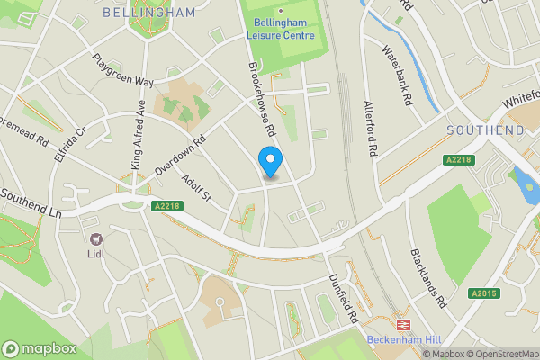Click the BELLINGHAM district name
(149, 13)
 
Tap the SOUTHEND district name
(486, 131)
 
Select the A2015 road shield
(481, 292)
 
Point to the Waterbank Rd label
(396, 77)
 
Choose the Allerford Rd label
(369, 128)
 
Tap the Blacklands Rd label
(428, 279)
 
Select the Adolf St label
(193, 190)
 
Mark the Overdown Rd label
(180, 156)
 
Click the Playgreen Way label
(122, 69)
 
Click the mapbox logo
(39, 348)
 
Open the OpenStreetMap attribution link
(500, 354)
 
